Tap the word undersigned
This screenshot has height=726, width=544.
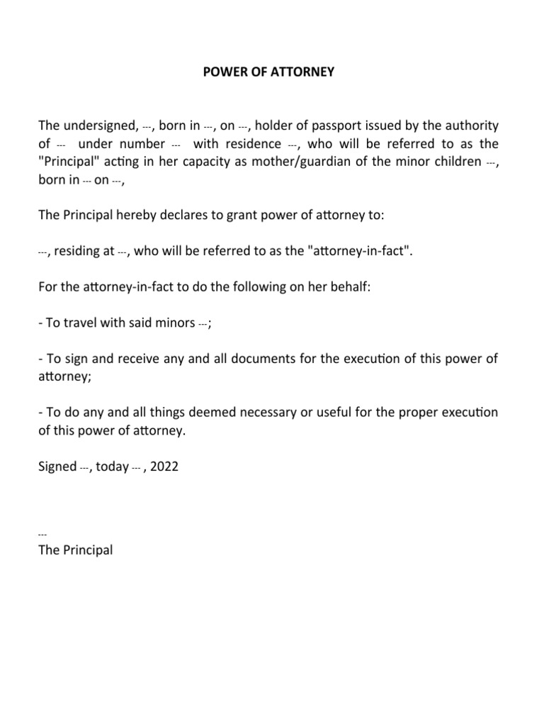point(98,126)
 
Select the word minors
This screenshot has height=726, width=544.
point(174,323)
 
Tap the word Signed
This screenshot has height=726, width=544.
point(57,467)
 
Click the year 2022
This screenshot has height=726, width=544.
point(164,467)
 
